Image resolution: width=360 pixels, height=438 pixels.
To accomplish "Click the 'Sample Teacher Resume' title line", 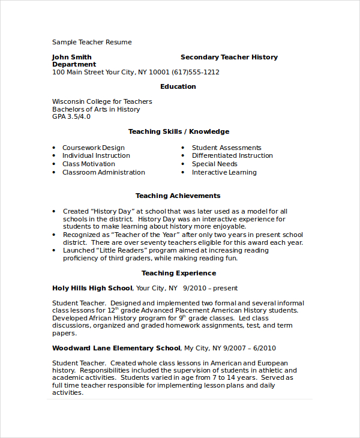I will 92,42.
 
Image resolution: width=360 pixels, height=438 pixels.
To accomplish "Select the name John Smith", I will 72,57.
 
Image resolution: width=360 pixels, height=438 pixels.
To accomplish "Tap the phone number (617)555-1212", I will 196,72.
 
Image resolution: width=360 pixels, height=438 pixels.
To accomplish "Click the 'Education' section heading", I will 178,86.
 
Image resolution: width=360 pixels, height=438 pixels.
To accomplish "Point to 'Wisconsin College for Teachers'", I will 102,101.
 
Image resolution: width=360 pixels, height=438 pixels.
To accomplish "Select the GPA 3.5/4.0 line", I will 71,116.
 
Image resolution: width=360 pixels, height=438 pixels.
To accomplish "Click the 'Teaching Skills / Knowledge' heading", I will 179,131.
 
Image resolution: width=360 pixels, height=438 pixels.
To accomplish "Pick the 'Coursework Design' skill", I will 94,148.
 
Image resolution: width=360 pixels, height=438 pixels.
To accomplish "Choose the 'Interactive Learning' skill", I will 224,172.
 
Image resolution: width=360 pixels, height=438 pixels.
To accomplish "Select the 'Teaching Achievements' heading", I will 178,196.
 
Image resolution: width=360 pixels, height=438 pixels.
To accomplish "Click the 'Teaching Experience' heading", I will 178,273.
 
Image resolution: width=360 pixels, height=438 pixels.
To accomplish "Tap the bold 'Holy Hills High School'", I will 93,288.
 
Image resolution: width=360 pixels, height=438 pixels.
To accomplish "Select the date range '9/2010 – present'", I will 211,288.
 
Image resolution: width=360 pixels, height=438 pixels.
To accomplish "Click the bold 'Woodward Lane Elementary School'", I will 116,348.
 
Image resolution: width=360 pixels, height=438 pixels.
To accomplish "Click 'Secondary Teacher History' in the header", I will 229,57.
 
